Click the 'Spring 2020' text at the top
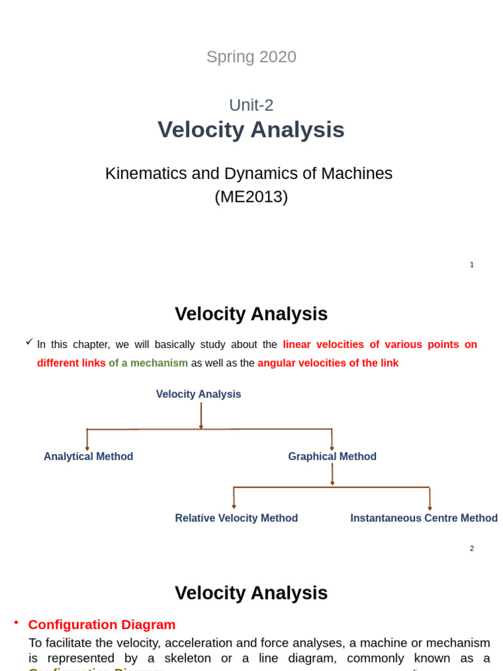coord(251,57)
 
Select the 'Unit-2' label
coord(251,105)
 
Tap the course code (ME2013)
coord(251,197)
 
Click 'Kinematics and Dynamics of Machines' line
coord(248,174)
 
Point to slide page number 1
coord(472,265)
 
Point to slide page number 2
coord(472,548)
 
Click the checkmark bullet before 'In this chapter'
coord(29,341)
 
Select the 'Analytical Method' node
coord(88,457)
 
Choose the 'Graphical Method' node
coord(332,457)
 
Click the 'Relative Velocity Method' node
coord(236,518)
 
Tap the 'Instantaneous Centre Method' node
coord(424,518)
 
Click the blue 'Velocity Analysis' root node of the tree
coord(198,394)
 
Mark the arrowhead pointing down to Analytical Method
coord(87,448)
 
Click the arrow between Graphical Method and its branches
coord(332,474)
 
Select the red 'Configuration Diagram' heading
coord(102,624)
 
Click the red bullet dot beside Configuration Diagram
coord(16,622)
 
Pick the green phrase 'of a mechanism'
coord(148,363)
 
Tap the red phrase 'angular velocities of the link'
coord(327,363)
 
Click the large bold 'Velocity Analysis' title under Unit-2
coord(251,130)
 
